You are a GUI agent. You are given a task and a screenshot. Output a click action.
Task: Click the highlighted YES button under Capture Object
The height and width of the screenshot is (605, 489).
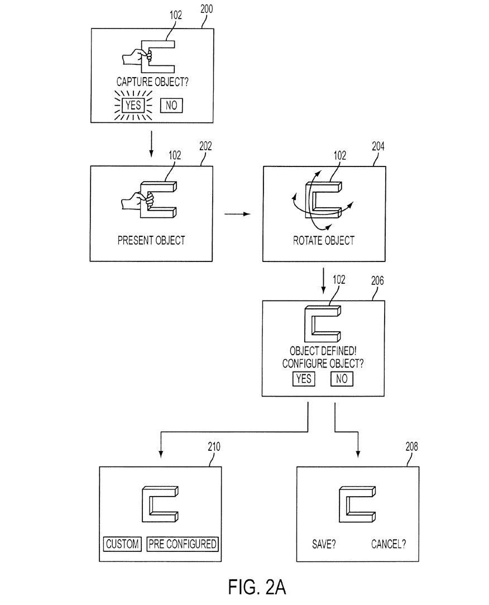click(133, 104)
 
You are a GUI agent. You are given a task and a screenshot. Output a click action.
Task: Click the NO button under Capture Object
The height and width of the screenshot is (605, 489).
click(171, 105)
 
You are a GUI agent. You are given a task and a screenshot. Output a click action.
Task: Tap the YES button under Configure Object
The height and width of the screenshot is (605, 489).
click(303, 379)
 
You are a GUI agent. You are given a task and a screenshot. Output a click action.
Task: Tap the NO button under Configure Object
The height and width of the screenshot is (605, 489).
click(342, 379)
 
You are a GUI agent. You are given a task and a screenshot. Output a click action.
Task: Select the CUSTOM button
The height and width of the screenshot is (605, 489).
click(123, 544)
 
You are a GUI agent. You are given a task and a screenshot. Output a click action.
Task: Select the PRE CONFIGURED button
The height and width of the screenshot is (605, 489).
click(182, 544)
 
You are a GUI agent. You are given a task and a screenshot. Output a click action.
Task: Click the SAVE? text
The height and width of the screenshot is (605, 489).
click(324, 544)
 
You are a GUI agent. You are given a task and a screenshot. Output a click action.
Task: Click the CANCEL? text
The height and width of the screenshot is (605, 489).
click(389, 544)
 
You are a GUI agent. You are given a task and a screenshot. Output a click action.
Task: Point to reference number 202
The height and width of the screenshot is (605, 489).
click(205, 147)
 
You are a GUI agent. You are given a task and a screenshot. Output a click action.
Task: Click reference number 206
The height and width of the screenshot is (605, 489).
click(377, 282)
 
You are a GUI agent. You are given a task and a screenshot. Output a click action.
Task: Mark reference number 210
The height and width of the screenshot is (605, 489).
click(213, 447)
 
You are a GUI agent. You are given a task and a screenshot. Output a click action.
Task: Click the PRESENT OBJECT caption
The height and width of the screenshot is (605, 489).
click(151, 241)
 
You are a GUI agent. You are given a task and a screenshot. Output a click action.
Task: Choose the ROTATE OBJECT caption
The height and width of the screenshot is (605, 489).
click(324, 241)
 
